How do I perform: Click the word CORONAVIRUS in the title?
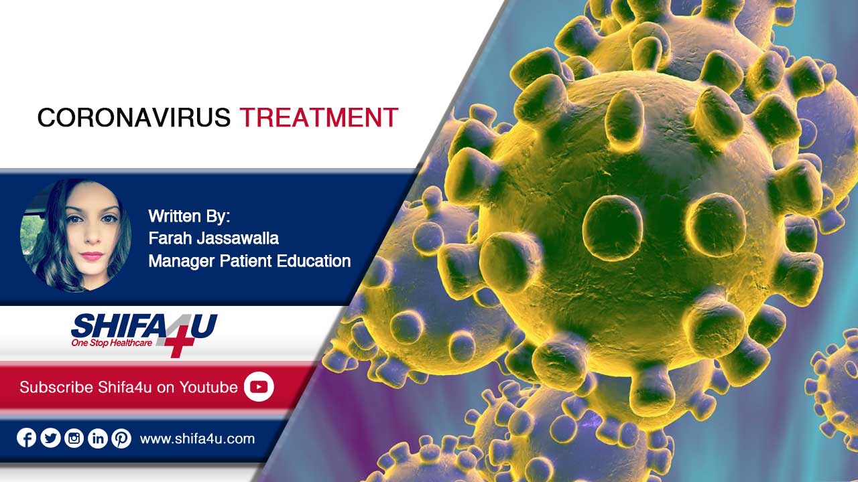(x=133, y=117)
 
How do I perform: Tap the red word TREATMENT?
(x=319, y=117)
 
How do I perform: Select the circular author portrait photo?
(x=76, y=236)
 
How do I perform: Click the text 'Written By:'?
(x=189, y=216)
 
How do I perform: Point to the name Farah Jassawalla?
(x=213, y=238)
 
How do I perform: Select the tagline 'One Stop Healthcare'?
(x=111, y=343)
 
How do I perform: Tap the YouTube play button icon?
(x=259, y=387)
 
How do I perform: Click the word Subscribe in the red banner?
(x=56, y=387)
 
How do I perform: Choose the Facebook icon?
(x=26, y=438)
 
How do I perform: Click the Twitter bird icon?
(x=50, y=438)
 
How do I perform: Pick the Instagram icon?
(x=74, y=438)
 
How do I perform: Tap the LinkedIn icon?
(x=98, y=438)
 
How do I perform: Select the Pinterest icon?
(x=121, y=438)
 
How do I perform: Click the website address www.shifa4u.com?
(x=197, y=438)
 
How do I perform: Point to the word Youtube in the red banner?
(x=208, y=387)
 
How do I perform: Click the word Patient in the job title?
(x=245, y=261)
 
